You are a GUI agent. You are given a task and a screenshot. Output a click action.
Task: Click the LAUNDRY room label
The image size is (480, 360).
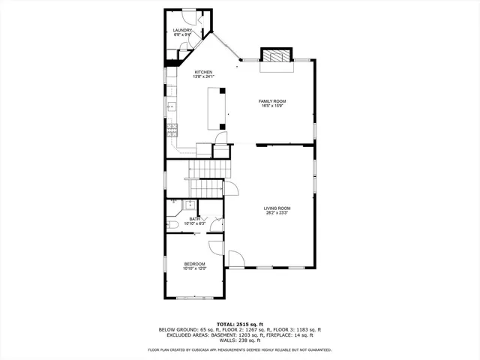point(183,31)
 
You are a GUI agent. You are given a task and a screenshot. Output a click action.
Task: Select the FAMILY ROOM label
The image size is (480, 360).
point(272,101)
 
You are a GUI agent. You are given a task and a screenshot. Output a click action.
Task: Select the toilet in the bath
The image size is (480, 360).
point(172,223)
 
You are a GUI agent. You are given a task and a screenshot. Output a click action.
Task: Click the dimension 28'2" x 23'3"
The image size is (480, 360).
point(277,213)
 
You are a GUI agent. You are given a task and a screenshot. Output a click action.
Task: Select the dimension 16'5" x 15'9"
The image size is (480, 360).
point(272,106)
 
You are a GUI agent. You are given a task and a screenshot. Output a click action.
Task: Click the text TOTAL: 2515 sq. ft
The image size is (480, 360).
point(240,324)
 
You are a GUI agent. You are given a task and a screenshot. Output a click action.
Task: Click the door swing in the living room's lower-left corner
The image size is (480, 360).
point(235,259)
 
